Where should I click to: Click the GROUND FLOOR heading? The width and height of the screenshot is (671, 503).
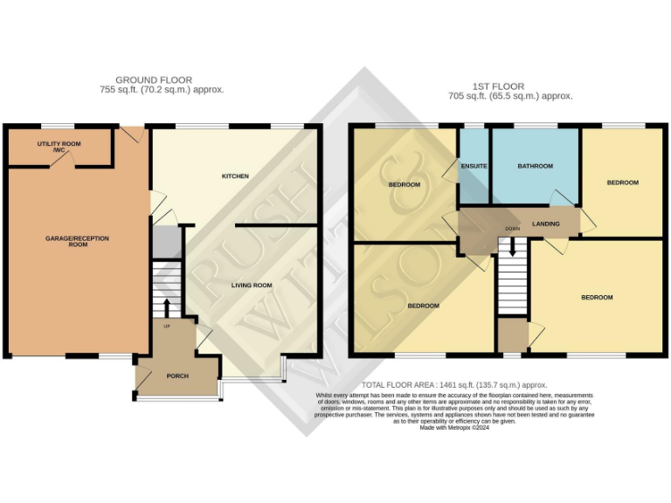tap(154, 80)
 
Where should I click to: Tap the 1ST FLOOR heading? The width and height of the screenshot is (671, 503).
tap(498, 86)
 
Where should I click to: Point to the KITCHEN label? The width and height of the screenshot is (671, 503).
tap(235, 176)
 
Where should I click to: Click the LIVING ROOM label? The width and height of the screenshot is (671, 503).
tap(252, 286)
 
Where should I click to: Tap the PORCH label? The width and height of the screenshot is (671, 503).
tap(177, 376)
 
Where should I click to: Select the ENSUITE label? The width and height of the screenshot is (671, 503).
tap(474, 166)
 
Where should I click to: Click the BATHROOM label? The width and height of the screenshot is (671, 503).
tap(535, 166)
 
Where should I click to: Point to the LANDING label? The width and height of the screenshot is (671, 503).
tap(546, 224)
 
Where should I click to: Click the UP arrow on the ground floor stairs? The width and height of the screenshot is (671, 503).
tap(166, 307)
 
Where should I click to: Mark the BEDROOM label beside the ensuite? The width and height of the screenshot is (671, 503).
tap(405, 184)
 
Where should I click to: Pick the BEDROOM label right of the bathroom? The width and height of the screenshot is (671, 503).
tap(623, 183)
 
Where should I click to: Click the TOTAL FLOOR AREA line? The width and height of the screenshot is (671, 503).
tap(453, 384)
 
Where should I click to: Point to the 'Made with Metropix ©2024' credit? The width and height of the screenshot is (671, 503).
tap(453, 428)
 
